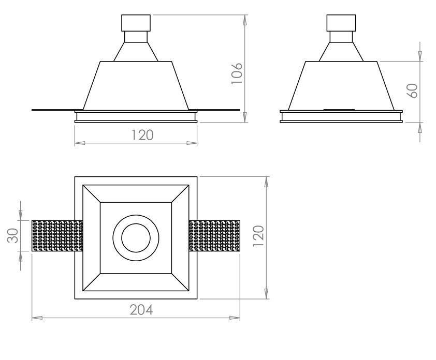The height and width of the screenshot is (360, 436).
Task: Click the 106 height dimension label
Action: [237, 73]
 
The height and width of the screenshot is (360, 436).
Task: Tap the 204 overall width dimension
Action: [141, 310]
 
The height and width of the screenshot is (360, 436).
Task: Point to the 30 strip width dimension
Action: [12, 235]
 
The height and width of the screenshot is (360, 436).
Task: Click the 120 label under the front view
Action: [142, 136]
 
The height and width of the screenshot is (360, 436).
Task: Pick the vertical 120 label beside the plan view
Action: [258, 236]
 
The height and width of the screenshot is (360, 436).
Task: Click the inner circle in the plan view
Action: [136, 223]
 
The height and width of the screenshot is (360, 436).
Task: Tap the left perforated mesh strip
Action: [57, 236]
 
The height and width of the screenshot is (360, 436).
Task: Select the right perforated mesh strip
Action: [214, 236]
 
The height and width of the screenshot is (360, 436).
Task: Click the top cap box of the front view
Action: [136, 23]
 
